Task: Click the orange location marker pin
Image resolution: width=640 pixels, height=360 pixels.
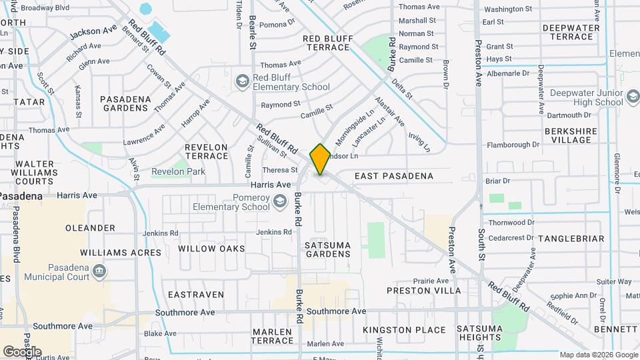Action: click(x=320, y=159)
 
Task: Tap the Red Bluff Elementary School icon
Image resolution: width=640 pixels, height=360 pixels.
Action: click(x=242, y=81)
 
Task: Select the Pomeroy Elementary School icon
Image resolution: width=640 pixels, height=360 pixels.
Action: click(x=281, y=202)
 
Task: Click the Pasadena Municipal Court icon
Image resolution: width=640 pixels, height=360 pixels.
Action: click(x=100, y=271)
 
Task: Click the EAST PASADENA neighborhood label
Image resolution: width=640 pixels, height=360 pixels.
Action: click(x=394, y=176)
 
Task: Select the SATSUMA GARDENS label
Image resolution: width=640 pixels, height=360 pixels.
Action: click(x=328, y=249)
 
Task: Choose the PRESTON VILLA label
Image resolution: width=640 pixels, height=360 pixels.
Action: click(x=423, y=291)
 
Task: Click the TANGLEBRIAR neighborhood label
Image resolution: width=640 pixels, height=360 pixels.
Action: click(x=571, y=239)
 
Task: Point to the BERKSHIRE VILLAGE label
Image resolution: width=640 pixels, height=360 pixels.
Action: click(x=570, y=135)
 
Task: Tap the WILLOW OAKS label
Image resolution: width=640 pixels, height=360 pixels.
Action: click(x=211, y=249)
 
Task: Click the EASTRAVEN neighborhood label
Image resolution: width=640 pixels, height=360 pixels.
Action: click(x=190, y=294)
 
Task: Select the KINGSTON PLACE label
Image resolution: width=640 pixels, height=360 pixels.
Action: click(x=404, y=330)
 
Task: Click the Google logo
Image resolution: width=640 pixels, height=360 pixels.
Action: click(x=22, y=351)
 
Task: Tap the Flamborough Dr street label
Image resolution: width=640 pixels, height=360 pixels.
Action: click(x=513, y=145)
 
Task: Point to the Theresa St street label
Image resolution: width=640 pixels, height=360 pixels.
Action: click(x=275, y=170)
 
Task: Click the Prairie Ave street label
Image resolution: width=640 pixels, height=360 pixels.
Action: click(x=430, y=281)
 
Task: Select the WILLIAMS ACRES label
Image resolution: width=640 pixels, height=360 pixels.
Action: click(x=121, y=253)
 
